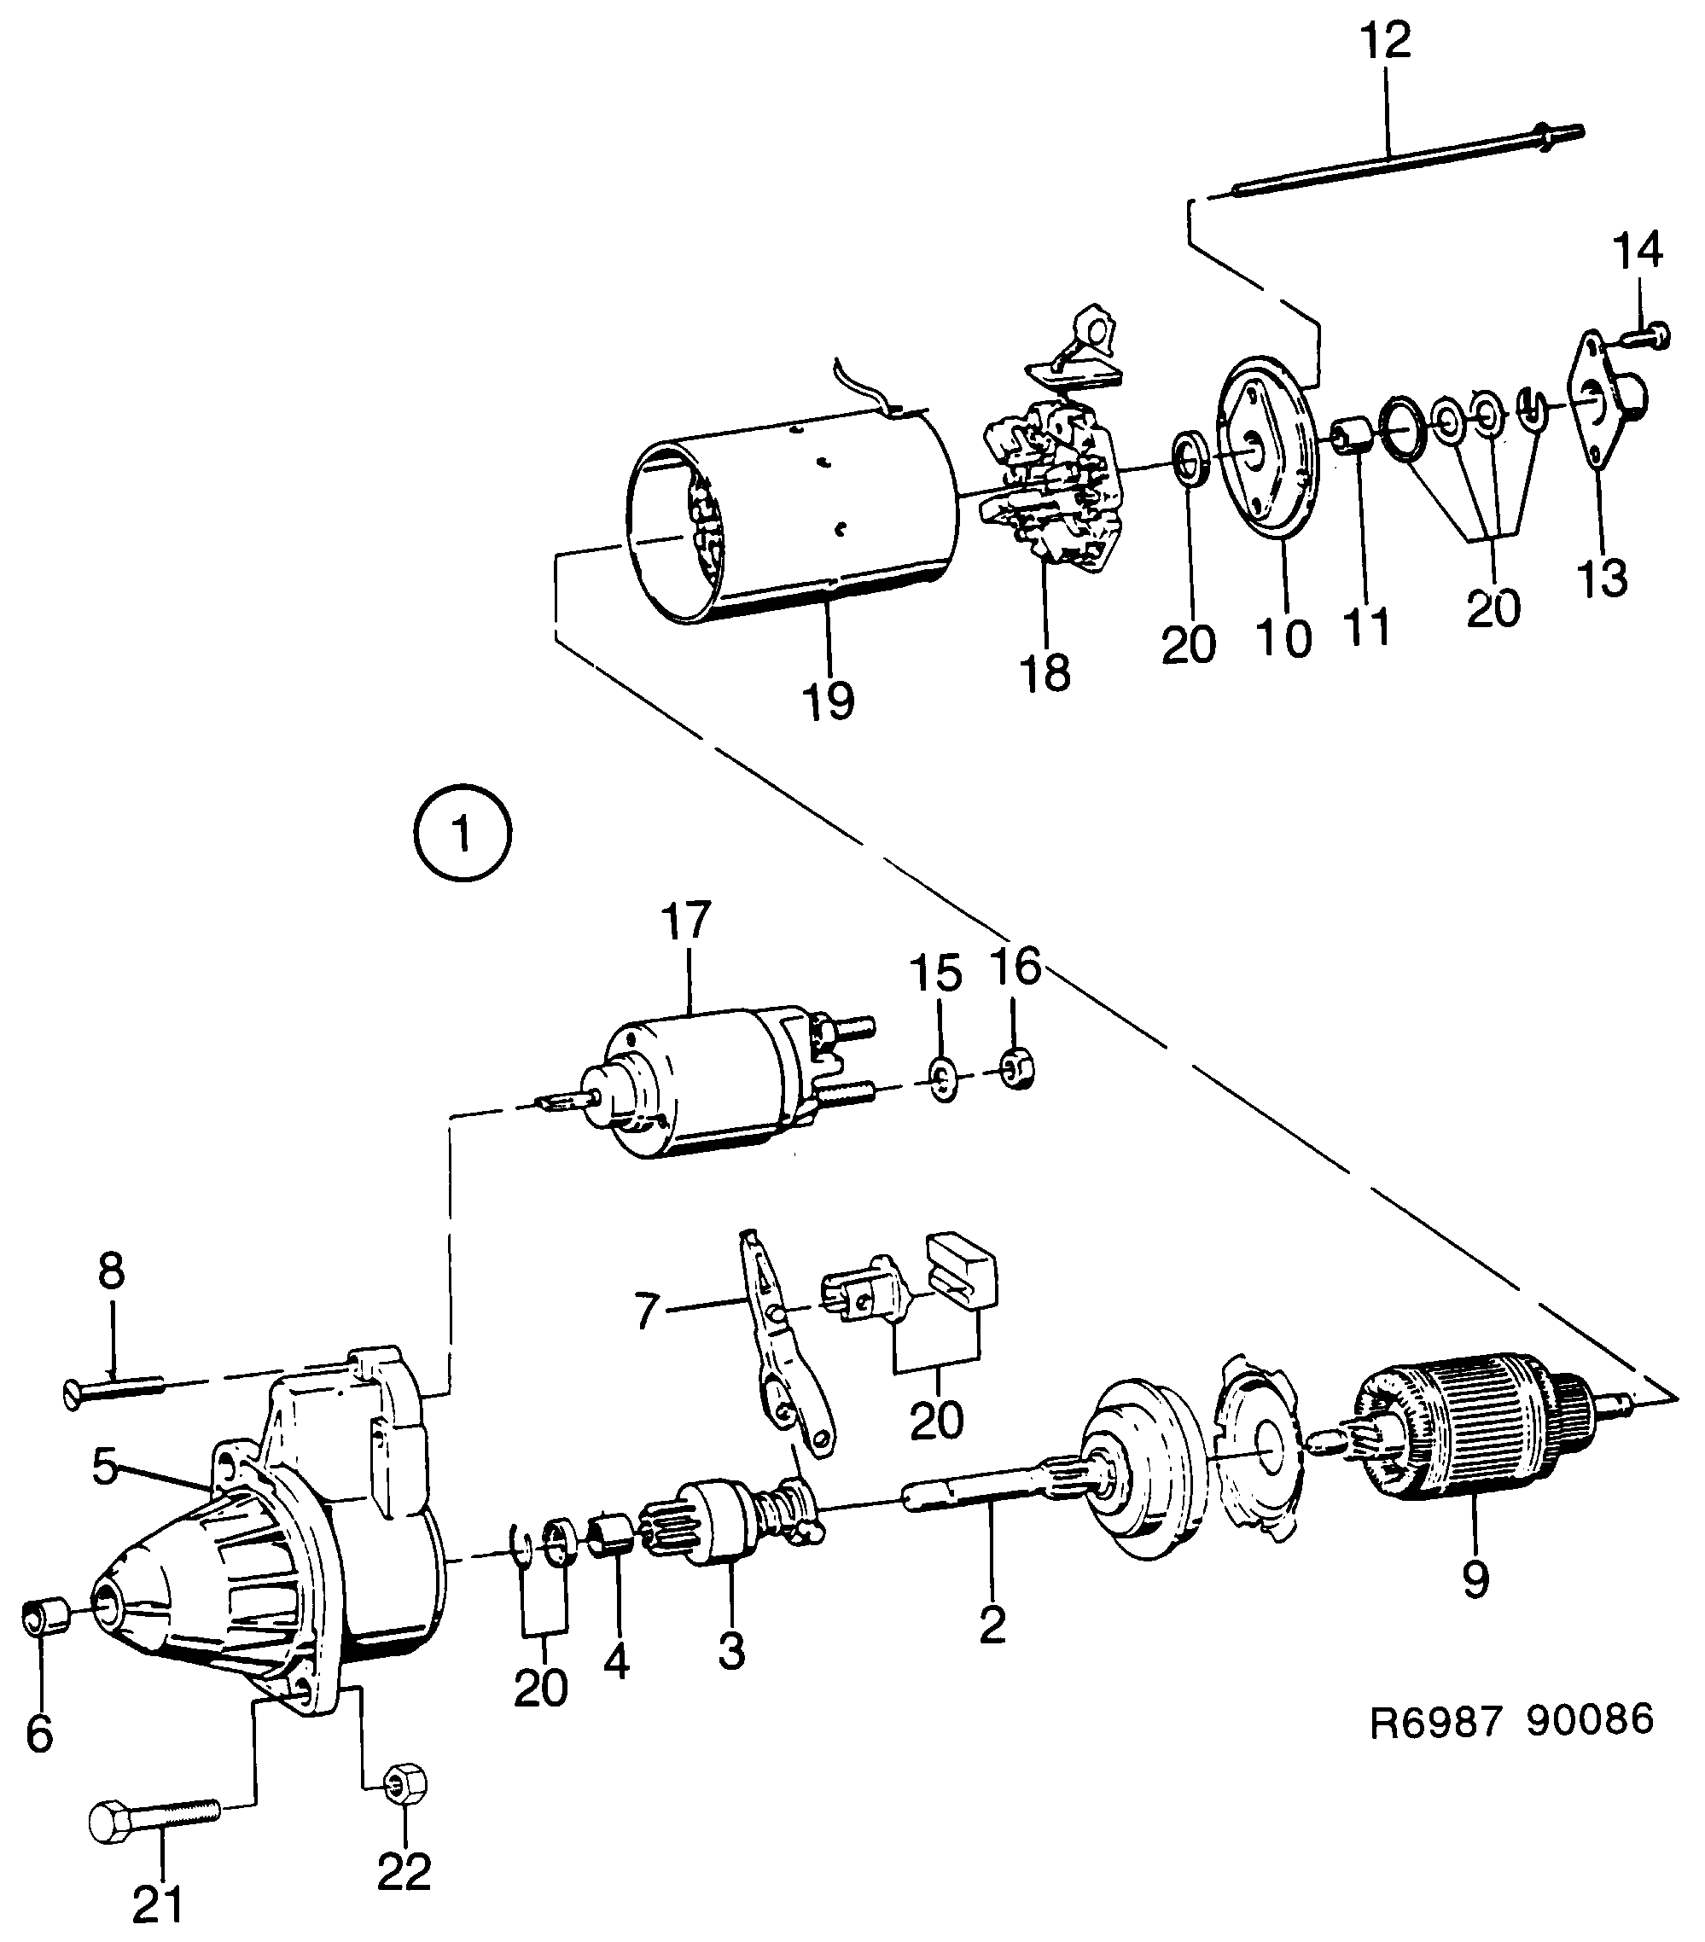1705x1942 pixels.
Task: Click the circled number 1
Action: click(x=462, y=834)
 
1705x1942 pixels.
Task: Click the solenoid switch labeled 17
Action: click(x=703, y=1082)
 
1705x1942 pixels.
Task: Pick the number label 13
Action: click(x=1603, y=578)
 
